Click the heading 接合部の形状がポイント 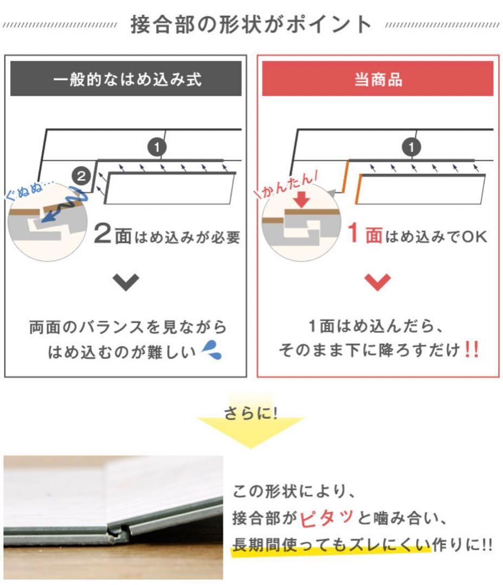click(251, 25)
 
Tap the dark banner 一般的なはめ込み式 click(126, 80)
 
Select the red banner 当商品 click(377, 80)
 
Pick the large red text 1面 click(365, 235)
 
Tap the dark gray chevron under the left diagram click(126, 282)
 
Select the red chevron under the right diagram click(377, 282)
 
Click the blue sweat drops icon click(212, 353)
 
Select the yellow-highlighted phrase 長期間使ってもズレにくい click(331, 544)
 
